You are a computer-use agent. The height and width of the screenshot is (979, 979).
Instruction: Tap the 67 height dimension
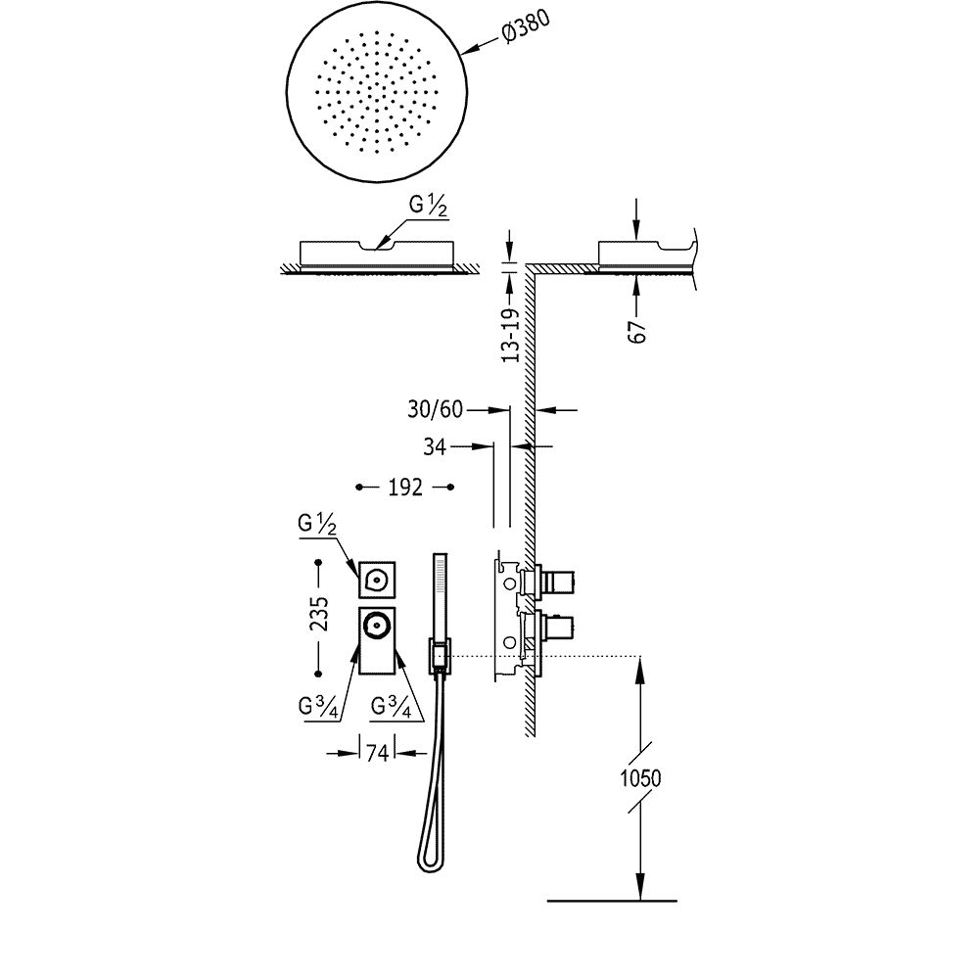coord(638,330)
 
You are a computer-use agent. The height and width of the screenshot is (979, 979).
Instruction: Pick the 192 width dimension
coord(404,487)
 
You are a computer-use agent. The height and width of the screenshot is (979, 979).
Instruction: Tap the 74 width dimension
coord(379,753)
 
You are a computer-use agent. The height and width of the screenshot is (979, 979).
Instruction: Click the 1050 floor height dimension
coord(641,779)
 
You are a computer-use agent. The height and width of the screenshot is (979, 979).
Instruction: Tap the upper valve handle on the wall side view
coord(560,582)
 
